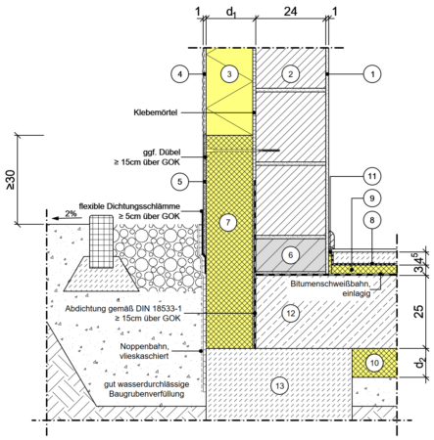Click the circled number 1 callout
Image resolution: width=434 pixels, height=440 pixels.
pyautogui.click(x=372, y=74)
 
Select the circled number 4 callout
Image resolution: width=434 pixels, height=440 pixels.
pyautogui.click(x=179, y=74)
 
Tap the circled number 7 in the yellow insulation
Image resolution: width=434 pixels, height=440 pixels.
pyautogui.click(x=227, y=222)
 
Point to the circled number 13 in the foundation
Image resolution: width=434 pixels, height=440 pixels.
pyautogui.click(x=279, y=386)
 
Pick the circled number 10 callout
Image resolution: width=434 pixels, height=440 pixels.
pyautogui.click(x=374, y=363)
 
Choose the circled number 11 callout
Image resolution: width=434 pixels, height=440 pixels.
pyautogui.click(x=372, y=176)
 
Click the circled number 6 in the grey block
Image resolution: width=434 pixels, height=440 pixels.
pyautogui.click(x=290, y=255)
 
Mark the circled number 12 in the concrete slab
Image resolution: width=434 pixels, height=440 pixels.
pyautogui.click(x=290, y=313)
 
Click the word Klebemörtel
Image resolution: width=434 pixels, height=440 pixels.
pyautogui.click(x=156, y=112)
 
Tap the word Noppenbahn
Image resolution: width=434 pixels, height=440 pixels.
pyautogui.click(x=144, y=346)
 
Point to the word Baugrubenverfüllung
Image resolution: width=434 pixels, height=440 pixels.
pyautogui.click(x=147, y=394)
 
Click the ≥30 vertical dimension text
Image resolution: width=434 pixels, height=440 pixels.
pyautogui.click(x=10, y=179)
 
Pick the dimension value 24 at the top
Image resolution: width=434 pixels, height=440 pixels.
pyautogui.click(x=290, y=12)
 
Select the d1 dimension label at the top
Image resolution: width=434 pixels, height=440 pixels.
pyautogui.click(x=231, y=13)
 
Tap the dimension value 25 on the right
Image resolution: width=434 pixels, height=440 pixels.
pyautogui.click(x=419, y=311)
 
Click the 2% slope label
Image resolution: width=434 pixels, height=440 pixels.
pyautogui.click(x=71, y=213)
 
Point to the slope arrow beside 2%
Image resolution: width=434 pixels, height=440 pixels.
pyautogui.click(x=68, y=218)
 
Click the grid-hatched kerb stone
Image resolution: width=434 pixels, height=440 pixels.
pyautogui.click(x=101, y=242)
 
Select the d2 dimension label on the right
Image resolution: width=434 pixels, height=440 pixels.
pyautogui.click(x=419, y=363)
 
